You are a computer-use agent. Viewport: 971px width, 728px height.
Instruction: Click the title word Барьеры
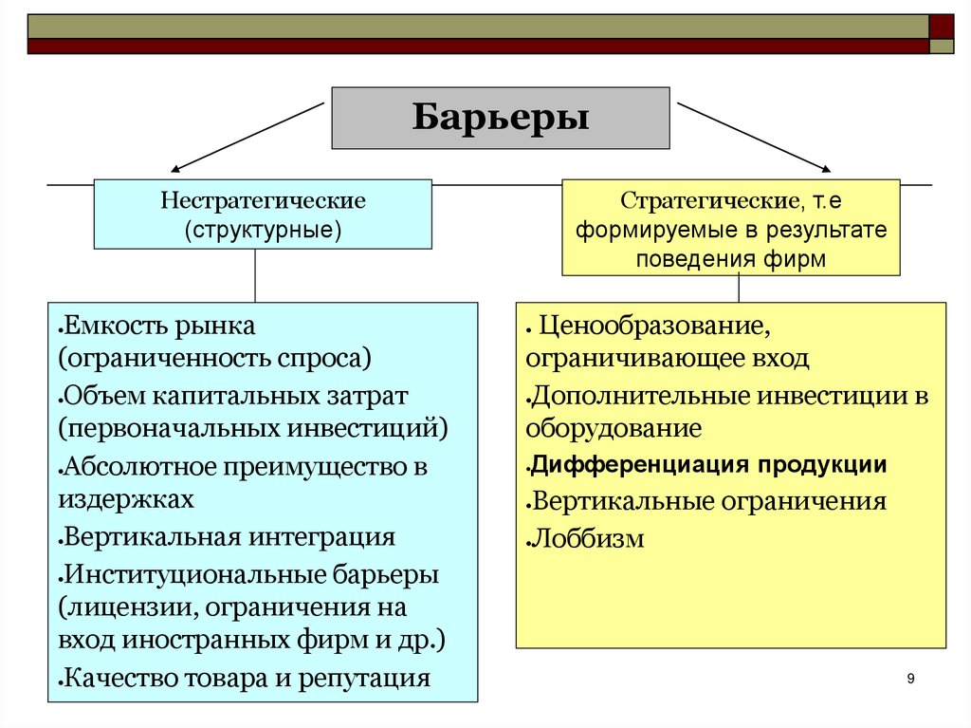tap(501, 120)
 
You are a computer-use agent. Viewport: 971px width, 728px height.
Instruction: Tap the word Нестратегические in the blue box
tap(263, 202)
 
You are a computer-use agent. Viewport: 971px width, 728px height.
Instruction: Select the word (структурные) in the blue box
tap(263, 230)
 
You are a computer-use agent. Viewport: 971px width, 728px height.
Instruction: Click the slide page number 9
tap(910, 678)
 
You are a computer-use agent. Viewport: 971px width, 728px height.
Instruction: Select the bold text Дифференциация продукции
tap(709, 465)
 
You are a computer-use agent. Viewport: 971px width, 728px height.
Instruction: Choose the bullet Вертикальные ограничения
tap(709, 501)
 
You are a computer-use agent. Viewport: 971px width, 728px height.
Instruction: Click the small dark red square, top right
tap(942, 26)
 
